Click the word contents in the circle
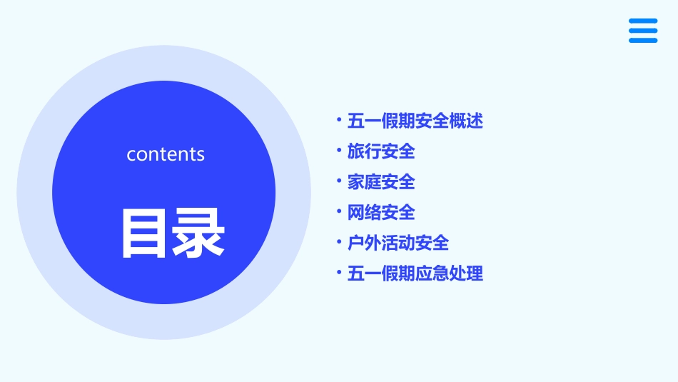point(166,154)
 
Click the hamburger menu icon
point(643,31)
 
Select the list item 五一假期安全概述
point(415,121)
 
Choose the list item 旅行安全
point(381,152)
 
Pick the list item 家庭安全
point(381,182)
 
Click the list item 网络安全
point(381,213)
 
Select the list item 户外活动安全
point(398,243)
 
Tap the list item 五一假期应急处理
point(415,273)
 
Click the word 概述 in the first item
point(467,121)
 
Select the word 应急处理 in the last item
point(450,273)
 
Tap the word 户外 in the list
point(364,243)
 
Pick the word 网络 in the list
point(364,213)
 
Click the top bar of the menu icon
point(643,21)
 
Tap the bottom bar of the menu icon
point(643,41)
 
